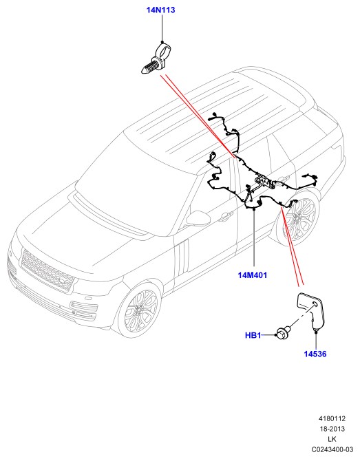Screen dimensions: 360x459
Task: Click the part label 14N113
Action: [160, 10]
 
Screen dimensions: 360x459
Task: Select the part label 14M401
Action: [252, 275]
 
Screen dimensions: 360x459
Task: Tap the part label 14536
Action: [315, 354]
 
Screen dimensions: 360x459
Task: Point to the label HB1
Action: [253, 335]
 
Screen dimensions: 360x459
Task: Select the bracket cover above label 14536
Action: [311, 311]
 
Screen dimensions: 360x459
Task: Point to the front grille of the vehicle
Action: [46, 270]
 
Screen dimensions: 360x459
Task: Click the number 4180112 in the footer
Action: [332, 418]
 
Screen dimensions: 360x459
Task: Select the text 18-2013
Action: [332, 429]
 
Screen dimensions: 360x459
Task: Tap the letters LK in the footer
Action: [332, 439]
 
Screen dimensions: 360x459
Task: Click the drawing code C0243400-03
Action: [332, 449]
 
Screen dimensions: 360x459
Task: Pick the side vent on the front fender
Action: [182, 257]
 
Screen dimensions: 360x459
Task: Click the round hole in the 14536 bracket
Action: [315, 304]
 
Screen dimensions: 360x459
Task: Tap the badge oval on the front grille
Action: [63, 281]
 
